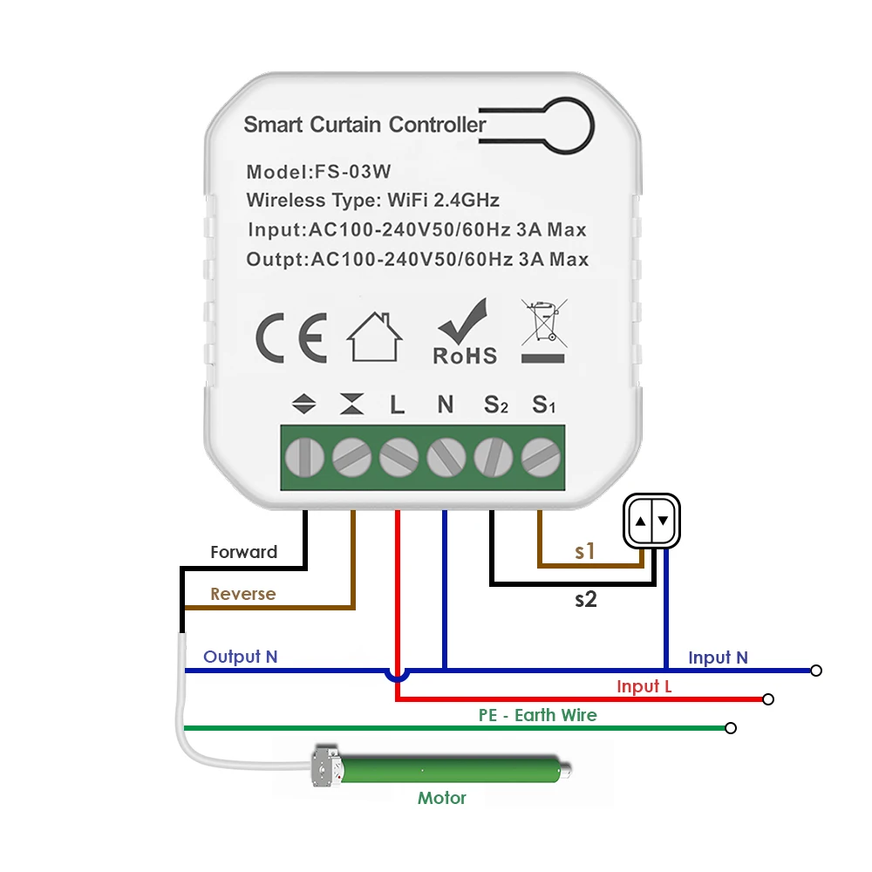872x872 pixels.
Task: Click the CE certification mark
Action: point(291,338)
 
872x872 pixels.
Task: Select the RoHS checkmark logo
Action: point(466,332)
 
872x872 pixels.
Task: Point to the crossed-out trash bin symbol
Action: point(542,331)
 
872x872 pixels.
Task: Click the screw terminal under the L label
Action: point(399,456)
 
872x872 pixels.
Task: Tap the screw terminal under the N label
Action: point(446,456)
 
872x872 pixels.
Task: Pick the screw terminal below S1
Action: point(541,456)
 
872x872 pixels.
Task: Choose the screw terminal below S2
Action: point(494,456)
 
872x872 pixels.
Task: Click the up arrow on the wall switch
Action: point(641,521)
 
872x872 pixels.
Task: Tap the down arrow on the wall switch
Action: point(663,521)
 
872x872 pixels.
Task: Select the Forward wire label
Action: point(244,552)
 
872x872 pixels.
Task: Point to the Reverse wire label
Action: point(242,594)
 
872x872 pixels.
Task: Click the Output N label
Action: point(240,657)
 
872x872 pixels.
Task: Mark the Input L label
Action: point(644,686)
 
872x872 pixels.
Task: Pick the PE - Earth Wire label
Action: point(537,715)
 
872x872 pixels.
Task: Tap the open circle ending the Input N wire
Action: point(815,671)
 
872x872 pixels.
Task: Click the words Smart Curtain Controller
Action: point(364,125)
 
